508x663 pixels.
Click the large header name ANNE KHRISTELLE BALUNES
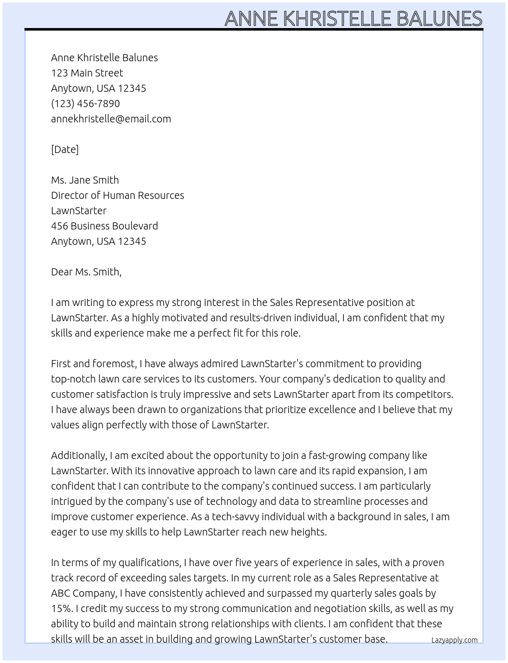(x=353, y=18)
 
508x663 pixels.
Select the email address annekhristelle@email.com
(x=111, y=119)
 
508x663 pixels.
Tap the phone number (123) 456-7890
(x=85, y=104)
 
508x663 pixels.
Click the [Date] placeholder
(x=65, y=149)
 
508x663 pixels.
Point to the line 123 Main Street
(x=87, y=73)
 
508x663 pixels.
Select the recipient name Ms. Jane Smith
(x=85, y=180)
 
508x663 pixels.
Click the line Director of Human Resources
(x=117, y=195)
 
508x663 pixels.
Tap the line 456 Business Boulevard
(x=104, y=226)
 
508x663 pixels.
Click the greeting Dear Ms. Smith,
(x=86, y=272)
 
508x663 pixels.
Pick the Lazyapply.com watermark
(x=454, y=640)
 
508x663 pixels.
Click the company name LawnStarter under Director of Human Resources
(x=79, y=211)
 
